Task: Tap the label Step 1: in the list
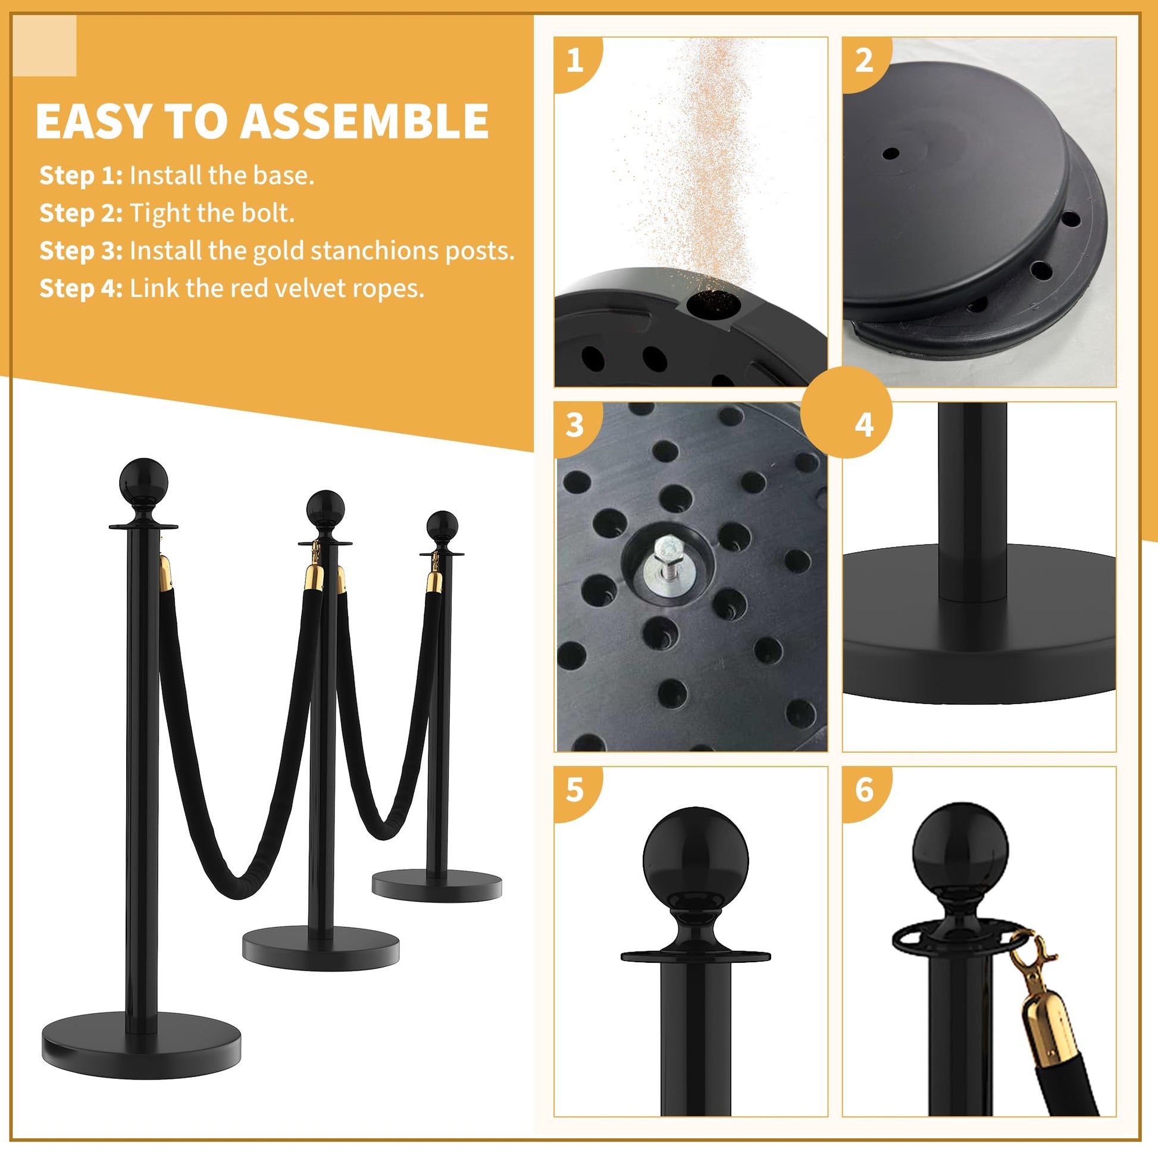click(81, 176)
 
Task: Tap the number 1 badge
click(575, 61)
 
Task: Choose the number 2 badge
click(863, 61)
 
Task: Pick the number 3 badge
click(575, 425)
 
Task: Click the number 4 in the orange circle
click(863, 425)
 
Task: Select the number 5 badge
click(575, 790)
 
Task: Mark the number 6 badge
click(863, 790)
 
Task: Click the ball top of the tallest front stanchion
click(143, 483)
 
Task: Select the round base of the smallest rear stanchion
click(436, 887)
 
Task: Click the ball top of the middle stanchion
click(325, 509)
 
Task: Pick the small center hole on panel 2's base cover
click(891, 154)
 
